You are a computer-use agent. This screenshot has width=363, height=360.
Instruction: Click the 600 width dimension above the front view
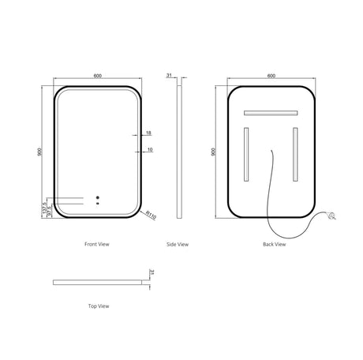point(97,76)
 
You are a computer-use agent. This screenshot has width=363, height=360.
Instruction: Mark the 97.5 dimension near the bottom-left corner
point(49,212)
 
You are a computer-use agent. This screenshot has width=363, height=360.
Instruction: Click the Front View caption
point(96,245)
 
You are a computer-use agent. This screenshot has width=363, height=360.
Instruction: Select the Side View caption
point(178,245)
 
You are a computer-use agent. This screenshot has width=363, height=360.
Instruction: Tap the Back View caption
point(274,245)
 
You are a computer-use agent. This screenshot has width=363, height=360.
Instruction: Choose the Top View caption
point(98,305)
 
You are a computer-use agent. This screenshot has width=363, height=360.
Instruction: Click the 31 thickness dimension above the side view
point(169,76)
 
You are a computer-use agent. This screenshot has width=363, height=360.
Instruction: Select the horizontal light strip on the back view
point(272,112)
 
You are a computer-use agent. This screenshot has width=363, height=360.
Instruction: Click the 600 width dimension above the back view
point(271,76)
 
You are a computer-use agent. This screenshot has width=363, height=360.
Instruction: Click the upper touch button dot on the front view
point(97,197)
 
